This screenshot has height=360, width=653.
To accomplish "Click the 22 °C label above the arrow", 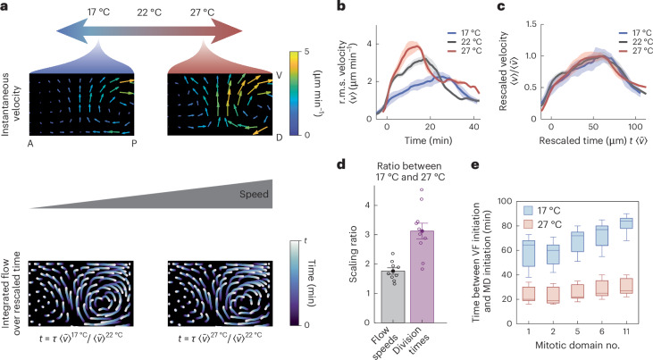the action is click(149, 13).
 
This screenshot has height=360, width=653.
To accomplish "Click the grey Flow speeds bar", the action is click(394, 297).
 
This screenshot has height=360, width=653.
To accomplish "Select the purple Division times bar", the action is click(422, 277).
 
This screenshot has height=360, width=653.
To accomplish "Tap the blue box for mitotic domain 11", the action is click(626, 223).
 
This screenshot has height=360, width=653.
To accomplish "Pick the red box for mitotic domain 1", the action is click(529, 294).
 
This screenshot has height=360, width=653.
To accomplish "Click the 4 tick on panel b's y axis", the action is click(369, 44).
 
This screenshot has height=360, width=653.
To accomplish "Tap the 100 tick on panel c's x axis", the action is click(635, 126).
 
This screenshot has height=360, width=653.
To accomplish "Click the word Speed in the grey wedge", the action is click(254, 194).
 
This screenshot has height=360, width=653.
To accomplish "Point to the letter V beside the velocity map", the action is click(279, 75).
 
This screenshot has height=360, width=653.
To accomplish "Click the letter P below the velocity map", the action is click(134, 143).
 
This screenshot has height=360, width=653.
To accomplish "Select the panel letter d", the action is click(341, 164).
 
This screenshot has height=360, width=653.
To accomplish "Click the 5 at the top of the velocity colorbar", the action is click(306, 52).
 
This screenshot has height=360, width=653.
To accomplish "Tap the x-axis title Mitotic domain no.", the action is click(577, 345).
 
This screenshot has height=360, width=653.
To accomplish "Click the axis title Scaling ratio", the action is click(353, 255).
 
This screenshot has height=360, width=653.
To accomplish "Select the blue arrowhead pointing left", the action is click(71, 31).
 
